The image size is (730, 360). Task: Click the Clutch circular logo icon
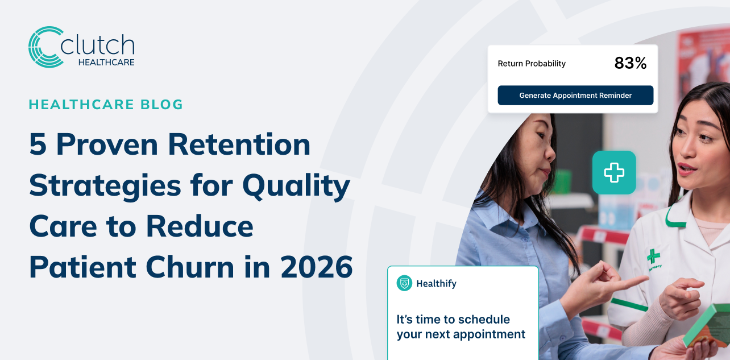[x=45, y=47]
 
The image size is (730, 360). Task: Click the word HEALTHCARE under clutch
[x=106, y=62]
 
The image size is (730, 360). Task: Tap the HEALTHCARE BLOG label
[x=106, y=105]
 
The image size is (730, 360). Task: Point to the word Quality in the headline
[x=296, y=185]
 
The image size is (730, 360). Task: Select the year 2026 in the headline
[x=317, y=267]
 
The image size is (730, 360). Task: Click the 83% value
[x=631, y=64]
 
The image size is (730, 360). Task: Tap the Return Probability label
[x=532, y=64]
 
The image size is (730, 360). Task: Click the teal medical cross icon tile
[x=614, y=172]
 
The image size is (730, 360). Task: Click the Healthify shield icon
[x=404, y=283]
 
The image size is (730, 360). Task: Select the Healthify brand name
[x=436, y=283]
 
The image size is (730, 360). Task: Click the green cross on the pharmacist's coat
[x=653, y=256]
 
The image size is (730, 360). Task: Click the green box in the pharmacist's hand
[x=708, y=325]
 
